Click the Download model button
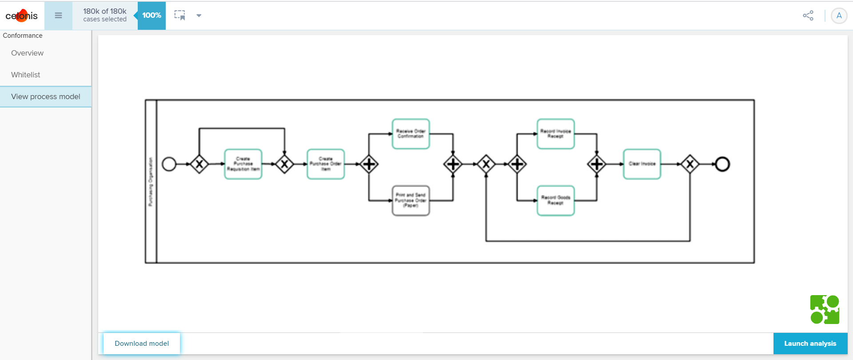tap(142, 343)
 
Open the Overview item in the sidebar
tap(27, 53)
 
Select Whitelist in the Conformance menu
tap(25, 75)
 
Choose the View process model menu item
tap(45, 96)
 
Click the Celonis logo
tap(21, 16)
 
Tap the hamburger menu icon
tap(58, 16)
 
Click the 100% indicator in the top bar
tap(151, 16)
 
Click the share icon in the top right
tap(808, 16)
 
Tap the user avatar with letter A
tap(839, 16)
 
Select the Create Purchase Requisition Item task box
tap(243, 164)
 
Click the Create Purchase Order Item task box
tap(326, 164)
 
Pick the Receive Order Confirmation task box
tap(411, 134)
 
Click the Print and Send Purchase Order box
tap(411, 200)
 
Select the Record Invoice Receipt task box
tap(555, 134)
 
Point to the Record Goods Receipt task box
tap(555, 200)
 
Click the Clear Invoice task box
tap(642, 164)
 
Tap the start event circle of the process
tap(169, 164)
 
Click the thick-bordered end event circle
tap(722, 164)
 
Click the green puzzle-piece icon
tap(825, 309)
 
